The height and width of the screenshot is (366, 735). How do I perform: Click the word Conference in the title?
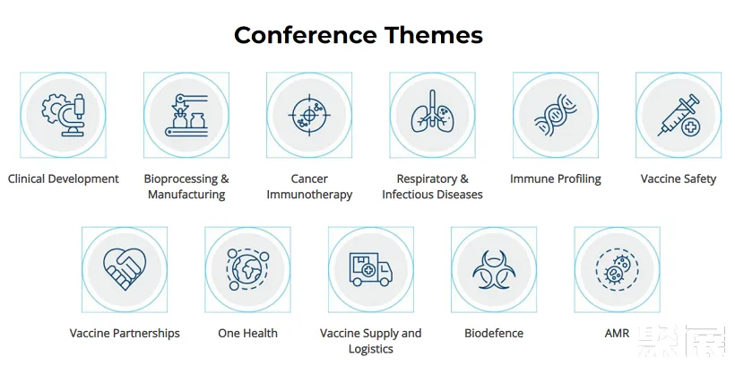[305, 35]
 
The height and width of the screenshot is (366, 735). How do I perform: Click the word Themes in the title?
[434, 35]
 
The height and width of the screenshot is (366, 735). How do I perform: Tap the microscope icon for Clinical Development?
[64, 115]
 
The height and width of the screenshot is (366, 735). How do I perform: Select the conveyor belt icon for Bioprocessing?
[186, 115]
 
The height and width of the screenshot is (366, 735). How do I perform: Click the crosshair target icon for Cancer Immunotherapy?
[309, 115]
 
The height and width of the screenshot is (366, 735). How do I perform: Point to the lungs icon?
[433, 111]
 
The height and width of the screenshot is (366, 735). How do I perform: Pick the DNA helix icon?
[556, 115]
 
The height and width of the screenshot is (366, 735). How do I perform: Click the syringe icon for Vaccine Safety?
[679, 115]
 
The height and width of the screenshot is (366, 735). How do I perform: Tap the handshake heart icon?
[125, 269]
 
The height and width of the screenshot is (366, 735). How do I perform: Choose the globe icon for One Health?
[247, 269]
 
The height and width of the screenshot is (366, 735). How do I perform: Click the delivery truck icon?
[371, 269]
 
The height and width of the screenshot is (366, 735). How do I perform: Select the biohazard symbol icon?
[494, 269]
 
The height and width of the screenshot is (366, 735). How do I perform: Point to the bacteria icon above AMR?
[617, 269]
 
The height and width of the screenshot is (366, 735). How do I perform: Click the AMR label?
[617, 334]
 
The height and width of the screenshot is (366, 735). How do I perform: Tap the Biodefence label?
[494, 334]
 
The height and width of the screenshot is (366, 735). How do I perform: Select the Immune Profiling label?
[556, 179]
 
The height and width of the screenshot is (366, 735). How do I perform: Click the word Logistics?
[371, 349]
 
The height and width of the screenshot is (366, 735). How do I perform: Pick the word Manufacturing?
[186, 195]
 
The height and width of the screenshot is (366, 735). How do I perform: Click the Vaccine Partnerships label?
[125, 334]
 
